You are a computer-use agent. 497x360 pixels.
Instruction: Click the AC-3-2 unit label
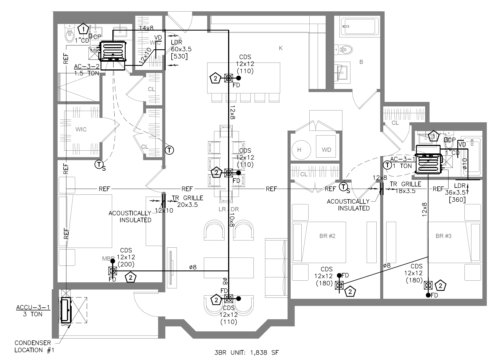click(x=87, y=67)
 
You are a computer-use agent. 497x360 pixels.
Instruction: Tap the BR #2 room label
click(x=327, y=236)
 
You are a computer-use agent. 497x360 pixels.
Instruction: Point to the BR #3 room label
click(x=443, y=236)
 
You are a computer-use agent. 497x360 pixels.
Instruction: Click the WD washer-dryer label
click(x=326, y=150)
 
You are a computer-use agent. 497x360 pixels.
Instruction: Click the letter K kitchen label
click(x=280, y=48)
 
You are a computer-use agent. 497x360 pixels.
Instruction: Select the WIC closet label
click(x=81, y=129)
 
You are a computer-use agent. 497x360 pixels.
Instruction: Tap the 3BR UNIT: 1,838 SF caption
click(x=246, y=353)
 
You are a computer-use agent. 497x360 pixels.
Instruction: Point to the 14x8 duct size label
click(x=146, y=28)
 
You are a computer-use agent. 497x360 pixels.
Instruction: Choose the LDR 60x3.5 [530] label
click(x=181, y=50)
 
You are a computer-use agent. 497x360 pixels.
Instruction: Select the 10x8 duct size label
click(x=232, y=220)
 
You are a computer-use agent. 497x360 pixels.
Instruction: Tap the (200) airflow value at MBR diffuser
click(x=126, y=264)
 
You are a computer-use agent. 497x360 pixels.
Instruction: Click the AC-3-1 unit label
click(x=403, y=159)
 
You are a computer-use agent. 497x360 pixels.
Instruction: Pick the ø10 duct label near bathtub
click(x=464, y=164)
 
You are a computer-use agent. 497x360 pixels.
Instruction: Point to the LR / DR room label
click(x=228, y=209)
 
